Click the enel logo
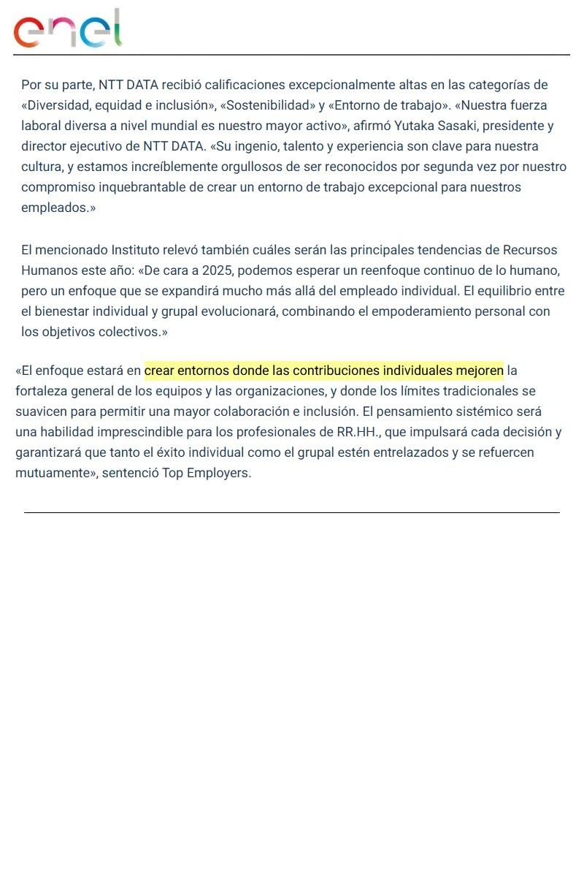click(67, 29)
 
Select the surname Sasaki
click(455, 126)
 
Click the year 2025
click(217, 270)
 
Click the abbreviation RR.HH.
click(359, 432)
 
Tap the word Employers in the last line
click(218, 473)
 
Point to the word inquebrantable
click(140, 187)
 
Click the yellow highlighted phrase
click(323, 371)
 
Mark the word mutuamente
click(49, 473)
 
